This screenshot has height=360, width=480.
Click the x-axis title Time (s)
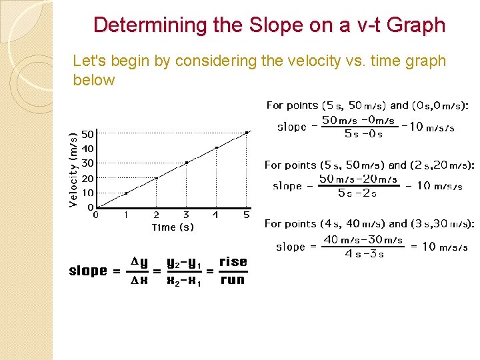tap(173, 227)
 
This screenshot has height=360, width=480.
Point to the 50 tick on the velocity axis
tap(87, 134)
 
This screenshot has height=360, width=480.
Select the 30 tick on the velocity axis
tap(87, 163)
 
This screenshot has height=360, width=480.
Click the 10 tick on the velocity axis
tap(87, 193)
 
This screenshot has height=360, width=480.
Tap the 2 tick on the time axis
tap(156, 215)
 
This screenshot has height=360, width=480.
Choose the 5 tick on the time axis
tap(246, 215)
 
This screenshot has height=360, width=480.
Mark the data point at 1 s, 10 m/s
tap(126, 193)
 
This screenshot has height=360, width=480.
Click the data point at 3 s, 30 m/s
tap(187, 163)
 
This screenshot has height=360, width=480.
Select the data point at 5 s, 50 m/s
tap(247, 133)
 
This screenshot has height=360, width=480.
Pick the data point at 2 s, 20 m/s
tap(156, 178)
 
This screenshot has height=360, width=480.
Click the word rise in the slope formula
tap(233, 262)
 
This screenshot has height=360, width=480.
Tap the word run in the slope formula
tap(233, 280)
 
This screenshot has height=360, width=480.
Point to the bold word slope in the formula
tap(88, 271)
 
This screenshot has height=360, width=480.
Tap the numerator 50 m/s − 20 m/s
tap(357, 179)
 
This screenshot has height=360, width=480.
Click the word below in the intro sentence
tap(94, 81)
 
